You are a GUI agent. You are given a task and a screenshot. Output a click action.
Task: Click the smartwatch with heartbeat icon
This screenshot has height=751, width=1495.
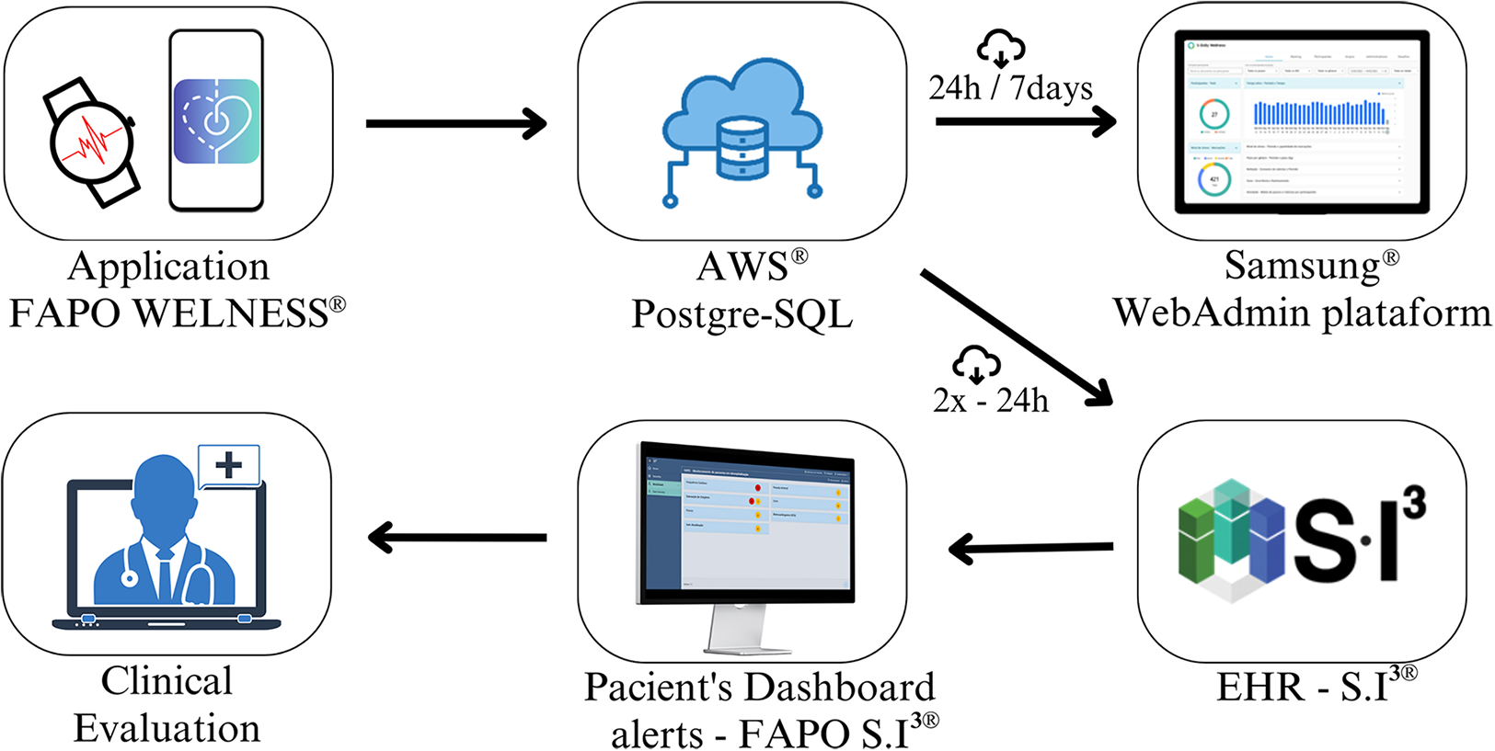[x=92, y=142]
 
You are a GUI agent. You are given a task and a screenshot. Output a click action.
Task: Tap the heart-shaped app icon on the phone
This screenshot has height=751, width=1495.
[x=217, y=120]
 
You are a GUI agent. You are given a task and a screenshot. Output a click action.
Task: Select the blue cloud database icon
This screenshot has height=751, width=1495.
[x=742, y=129]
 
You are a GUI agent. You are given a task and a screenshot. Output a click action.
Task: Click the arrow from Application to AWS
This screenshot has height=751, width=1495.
[x=456, y=123]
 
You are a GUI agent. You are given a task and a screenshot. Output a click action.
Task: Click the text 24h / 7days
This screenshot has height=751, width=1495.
[x=1010, y=88]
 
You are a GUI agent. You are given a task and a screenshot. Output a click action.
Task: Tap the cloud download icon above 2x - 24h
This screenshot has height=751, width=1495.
[x=976, y=364]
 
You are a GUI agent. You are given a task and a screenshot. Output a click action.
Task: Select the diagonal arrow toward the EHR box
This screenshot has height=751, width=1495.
[x=1016, y=337]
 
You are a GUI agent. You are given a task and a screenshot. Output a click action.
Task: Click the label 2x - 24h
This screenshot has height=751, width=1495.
[x=990, y=401]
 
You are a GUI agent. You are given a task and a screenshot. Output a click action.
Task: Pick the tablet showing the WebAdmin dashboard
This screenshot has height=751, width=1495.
[x=1302, y=121]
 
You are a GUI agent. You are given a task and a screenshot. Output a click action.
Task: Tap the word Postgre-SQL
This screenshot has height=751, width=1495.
[x=742, y=314]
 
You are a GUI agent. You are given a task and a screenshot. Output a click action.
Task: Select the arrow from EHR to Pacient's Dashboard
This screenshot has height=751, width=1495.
[x=1030, y=549]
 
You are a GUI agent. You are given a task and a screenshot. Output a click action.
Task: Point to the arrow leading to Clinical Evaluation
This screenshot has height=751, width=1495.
[x=456, y=537]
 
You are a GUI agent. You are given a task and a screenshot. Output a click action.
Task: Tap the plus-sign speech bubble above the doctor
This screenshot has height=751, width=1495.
[x=229, y=466]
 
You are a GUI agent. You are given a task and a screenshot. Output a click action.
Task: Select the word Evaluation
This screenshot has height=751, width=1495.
[x=167, y=728]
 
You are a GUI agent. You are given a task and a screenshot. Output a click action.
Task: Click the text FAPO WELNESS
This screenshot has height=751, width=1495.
[x=169, y=313]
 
